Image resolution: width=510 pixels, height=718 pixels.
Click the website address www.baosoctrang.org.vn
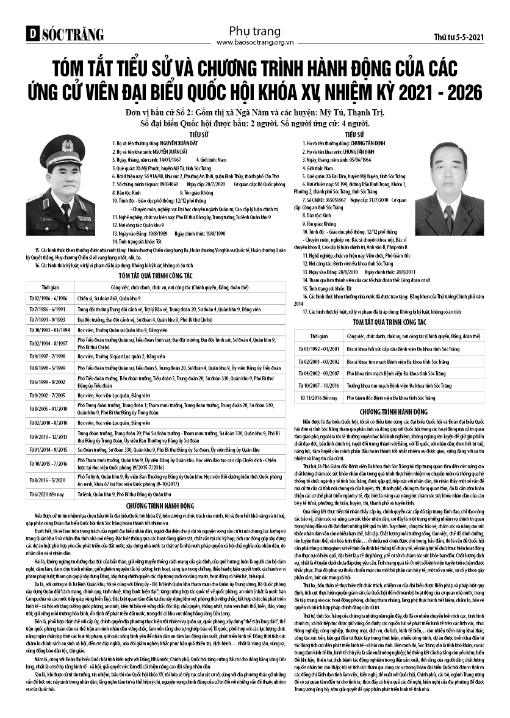click(254, 43)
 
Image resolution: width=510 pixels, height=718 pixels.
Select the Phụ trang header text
click(254, 31)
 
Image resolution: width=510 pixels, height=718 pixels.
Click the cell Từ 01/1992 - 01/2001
click(318, 349)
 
